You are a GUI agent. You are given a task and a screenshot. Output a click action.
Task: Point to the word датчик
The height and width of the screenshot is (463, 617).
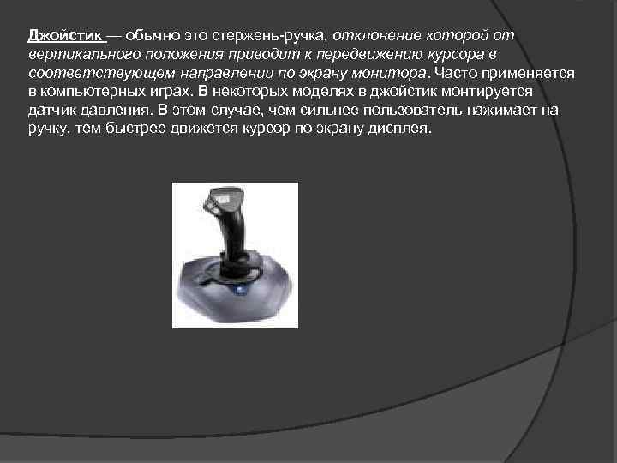tap(51, 111)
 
